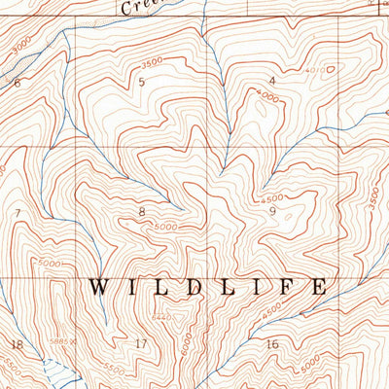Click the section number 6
(x=17, y=84)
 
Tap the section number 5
(x=141, y=82)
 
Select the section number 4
(x=273, y=81)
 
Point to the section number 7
(x=17, y=212)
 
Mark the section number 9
(x=273, y=211)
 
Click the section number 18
(x=17, y=344)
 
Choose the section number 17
(x=141, y=344)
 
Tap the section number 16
(x=273, y=343)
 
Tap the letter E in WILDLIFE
(x=317, y=287)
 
